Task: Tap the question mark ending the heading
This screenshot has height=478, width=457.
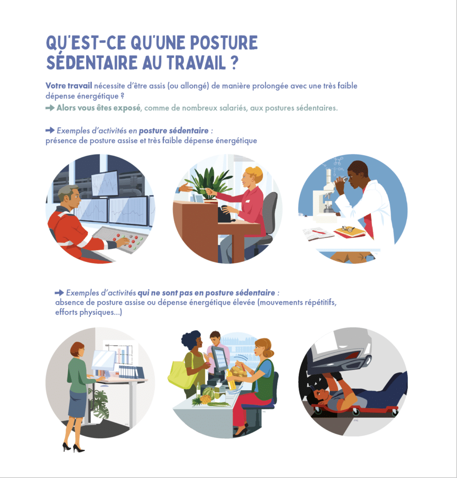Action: click(x=233, y=63)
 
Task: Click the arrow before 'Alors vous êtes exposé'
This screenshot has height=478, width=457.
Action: click(x=50, y=108)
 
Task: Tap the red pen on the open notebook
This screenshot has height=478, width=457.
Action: click(x=319, y=232)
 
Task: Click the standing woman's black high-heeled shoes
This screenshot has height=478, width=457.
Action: click(x=73, y=447)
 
